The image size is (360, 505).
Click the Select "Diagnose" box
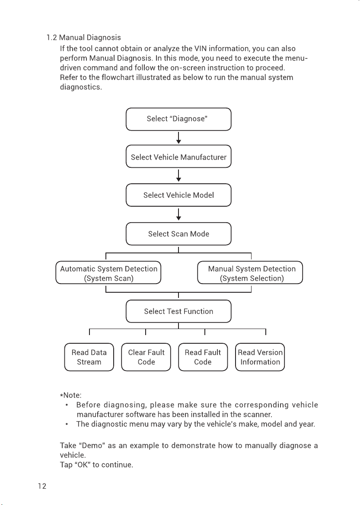pyautogui.click(x=178, y=119)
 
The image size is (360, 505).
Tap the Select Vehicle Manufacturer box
pyautogui.click(x=178, y=157)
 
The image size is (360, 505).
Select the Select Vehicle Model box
pyautogui.click(x=178, y=195)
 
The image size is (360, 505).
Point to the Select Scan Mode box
pyautogui.click(x=178, y=234)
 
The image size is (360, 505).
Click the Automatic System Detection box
pyautogui.click(x=108, y=273)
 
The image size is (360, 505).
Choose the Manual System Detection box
pyautogui.click(x=250, y=273)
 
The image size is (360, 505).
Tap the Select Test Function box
pyautogui.click(x=178, y=311)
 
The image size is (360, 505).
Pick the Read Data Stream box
pyautogui.click(x=89, y=357)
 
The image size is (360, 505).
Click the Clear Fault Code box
pyautogui.click(x=146, y=357)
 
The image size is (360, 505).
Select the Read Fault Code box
pyautogui.click(x=203, y=357)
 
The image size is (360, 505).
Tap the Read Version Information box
pyautogui.click(x=260, y=357)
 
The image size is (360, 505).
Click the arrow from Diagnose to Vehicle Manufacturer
pyautogui.click(x=179, y=138)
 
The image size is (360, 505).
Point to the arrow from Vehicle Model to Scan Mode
pyautogui.click(x=179, y=214)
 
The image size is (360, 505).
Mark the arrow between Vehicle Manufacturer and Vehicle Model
pyautogui.click(x=179, y=176)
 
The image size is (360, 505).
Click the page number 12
pyautogui.click(x=42, y=486)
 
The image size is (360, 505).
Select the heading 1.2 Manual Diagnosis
pyautogui.click(x=84, y=38)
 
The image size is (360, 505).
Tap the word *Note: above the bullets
pyautogui.click(x=71, y=395)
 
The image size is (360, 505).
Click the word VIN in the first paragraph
pyautogui.click(x=201, y=48)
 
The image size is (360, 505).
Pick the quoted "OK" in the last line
pyautogui.click(x=82, y=465)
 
